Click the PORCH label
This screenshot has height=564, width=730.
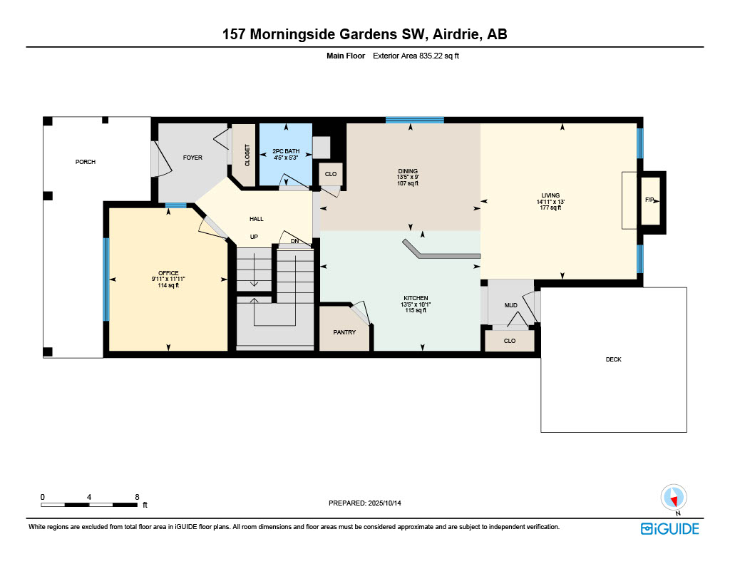[86, 162]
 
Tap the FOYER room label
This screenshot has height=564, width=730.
[192, 158]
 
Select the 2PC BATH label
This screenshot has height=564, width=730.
[286, 151]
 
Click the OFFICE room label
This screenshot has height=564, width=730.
[168, 273]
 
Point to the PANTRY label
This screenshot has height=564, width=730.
[344, 332]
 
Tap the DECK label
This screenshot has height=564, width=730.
[613, 359]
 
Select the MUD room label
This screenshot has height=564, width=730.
[510, 305]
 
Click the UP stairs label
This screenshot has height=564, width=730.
[254, 237]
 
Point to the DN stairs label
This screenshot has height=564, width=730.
[294, 241]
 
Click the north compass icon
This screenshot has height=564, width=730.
[673, 498]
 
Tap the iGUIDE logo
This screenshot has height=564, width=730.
[670, 529]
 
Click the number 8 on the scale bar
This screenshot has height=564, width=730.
[137, 497]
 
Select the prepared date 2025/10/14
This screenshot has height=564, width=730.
[384, 503]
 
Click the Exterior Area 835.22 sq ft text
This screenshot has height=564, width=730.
[416, 56]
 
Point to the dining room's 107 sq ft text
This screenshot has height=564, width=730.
[408, 183]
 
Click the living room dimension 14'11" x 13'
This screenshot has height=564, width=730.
[550, 202]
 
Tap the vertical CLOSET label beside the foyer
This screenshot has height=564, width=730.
[247, 155]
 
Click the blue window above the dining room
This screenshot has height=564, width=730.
[414, 121]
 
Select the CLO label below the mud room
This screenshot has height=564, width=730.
[509, 341]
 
